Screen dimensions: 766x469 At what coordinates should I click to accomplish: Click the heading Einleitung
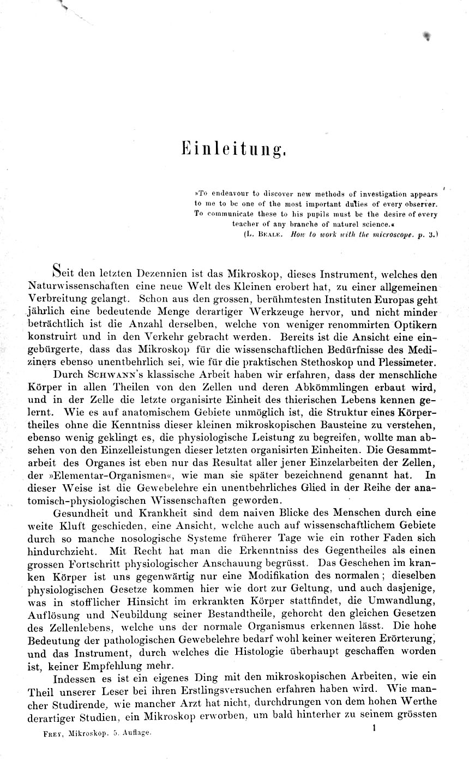coord(234,148)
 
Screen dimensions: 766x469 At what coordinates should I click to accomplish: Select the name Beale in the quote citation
coord(270,234)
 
